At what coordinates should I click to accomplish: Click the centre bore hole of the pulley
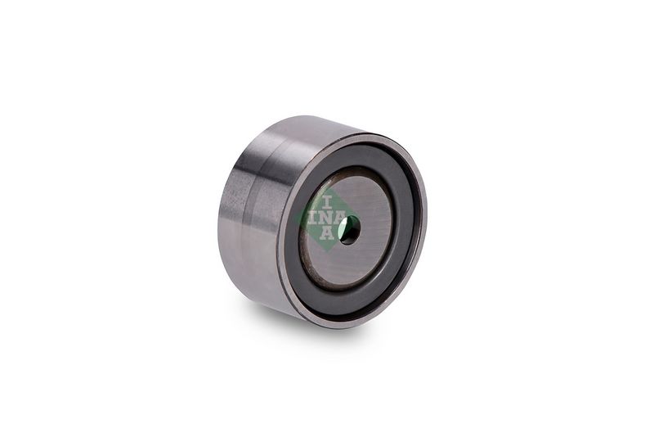click(x=349, y=230)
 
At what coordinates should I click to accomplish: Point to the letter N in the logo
click(x=326, y=218)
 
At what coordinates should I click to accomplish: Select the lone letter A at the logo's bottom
click(x=327, y=233)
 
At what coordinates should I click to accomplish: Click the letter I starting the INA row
click(x=312, y=218)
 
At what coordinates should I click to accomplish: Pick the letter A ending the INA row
click(x=341, y=218)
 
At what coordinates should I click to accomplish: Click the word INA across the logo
click(x=328, y=218)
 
